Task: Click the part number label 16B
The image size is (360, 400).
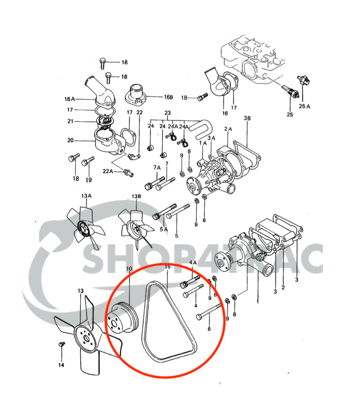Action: [168, 97]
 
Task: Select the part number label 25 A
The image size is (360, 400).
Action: [305, 106]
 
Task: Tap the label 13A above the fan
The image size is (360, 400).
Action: [86, 196]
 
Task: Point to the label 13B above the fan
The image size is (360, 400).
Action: [136, 196]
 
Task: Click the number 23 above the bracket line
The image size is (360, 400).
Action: [167, 113]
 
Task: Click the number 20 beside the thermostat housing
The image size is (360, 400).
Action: [71, 140]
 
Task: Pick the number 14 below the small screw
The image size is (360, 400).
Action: [61, 365]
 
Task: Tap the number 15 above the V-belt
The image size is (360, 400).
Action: [167, 267]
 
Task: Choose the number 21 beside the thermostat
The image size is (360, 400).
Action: [71, 122]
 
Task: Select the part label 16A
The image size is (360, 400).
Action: [70, 99]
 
